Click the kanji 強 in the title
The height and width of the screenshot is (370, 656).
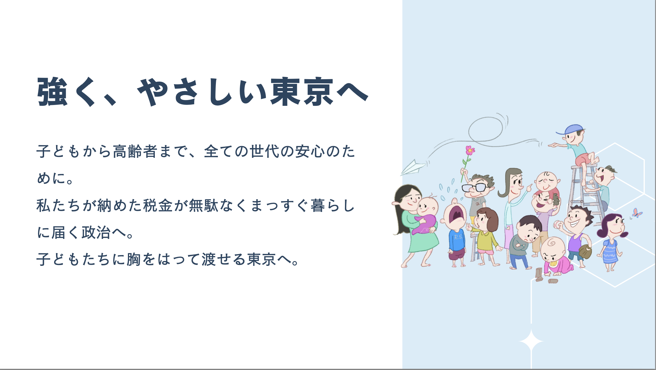pos(52,92)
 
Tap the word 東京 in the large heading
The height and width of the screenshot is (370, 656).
pos(302,92)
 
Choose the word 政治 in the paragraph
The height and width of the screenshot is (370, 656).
pos(96,233)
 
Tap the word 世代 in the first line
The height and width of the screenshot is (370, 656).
pos(264,152)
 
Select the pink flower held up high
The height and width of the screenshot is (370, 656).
pos(470,151)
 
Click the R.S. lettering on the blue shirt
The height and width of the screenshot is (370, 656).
pos(458,237)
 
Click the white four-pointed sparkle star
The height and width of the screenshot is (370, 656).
pos(531,341)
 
